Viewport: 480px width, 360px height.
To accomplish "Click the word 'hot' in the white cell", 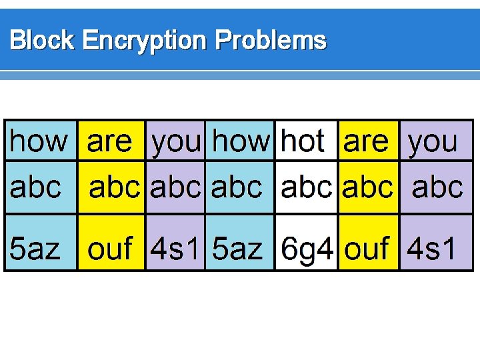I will (303, 141).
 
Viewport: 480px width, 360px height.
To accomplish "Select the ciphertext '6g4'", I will (307, 249).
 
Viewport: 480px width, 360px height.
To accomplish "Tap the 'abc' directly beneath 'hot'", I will (307, 187).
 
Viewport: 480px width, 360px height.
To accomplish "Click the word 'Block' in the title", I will (42, 41).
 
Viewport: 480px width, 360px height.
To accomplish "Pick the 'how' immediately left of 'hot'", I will (241, 141).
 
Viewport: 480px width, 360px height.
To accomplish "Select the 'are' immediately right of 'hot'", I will (365, 141).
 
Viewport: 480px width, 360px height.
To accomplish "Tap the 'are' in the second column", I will (110, 141).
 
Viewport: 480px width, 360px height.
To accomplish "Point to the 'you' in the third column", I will (176, 142).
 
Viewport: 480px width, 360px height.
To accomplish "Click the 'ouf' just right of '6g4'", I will (367, 249).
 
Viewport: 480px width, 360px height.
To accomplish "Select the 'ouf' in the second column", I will (111, 249).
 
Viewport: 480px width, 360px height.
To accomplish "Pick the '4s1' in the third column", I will (175, 249).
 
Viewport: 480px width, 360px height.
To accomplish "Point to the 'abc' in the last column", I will (437, 187).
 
